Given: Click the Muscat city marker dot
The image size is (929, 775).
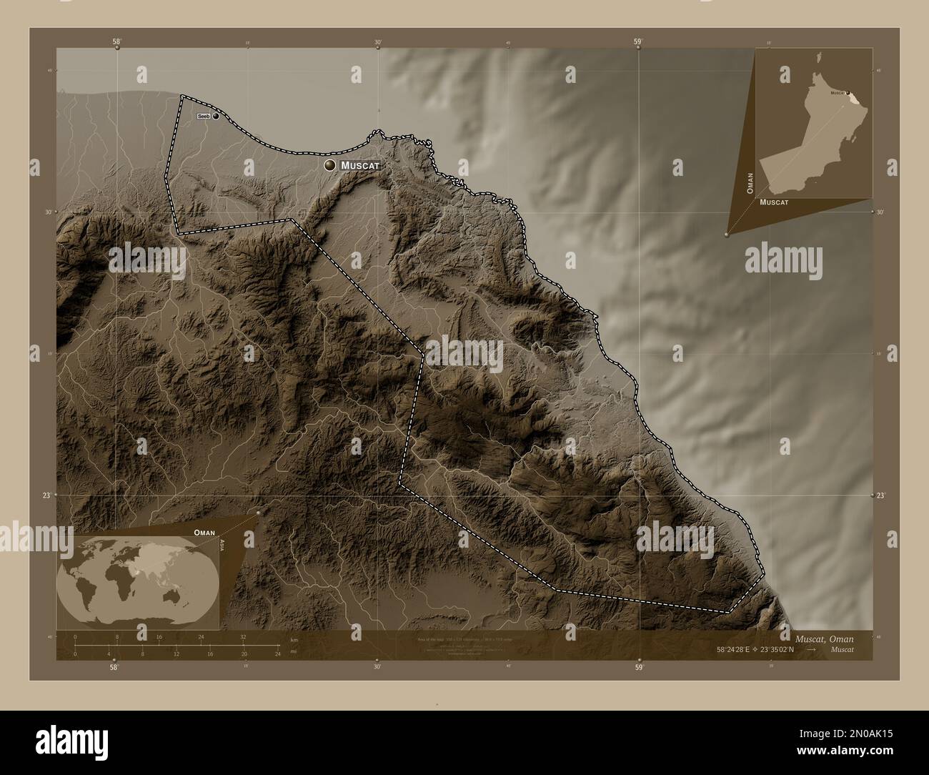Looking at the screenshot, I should pos(329,165).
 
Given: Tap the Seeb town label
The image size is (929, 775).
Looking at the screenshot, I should pos(204,116).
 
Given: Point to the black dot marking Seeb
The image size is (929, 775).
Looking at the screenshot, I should pos(216,116).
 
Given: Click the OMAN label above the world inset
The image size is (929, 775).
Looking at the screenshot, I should pos(204,533).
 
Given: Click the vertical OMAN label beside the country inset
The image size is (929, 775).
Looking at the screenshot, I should pos(750,182).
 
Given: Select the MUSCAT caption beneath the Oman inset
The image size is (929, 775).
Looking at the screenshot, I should pos(774,202).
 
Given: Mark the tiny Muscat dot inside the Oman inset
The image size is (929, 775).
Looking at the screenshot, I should pos(848,92).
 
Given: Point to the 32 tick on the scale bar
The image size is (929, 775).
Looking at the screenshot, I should pos(243,636).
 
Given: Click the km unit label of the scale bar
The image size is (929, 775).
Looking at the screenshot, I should pos(294,639).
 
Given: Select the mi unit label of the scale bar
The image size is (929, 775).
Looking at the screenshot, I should pos(294,651).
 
